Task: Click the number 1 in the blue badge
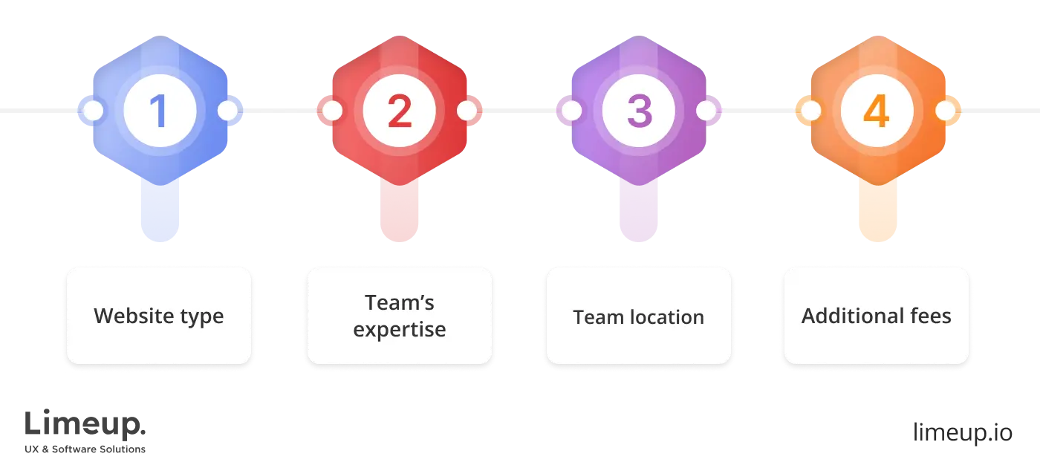160,111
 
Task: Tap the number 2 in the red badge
399,111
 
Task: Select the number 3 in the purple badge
638,111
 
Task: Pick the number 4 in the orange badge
877,111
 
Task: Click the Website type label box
159,316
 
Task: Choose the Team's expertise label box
399,316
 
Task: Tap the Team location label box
638,316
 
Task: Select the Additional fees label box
877,316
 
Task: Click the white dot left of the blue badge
93,111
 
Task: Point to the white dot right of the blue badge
227,111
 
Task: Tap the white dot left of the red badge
332,111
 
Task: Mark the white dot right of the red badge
467,111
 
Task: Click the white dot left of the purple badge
571,111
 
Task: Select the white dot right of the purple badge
706,111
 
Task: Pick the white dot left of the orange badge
810,111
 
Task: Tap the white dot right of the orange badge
945,111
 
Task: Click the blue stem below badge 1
160,212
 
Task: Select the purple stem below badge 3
638,212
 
